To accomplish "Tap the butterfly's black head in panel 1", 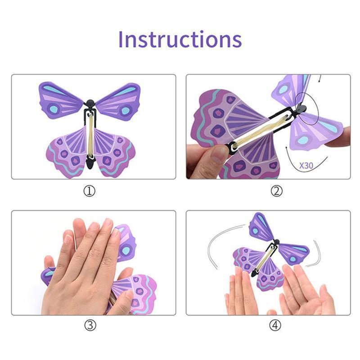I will point(90,103).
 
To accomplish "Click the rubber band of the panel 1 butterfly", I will point(90,135).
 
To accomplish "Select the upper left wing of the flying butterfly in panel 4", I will point(260,227).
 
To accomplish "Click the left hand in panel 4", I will point(241,292).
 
